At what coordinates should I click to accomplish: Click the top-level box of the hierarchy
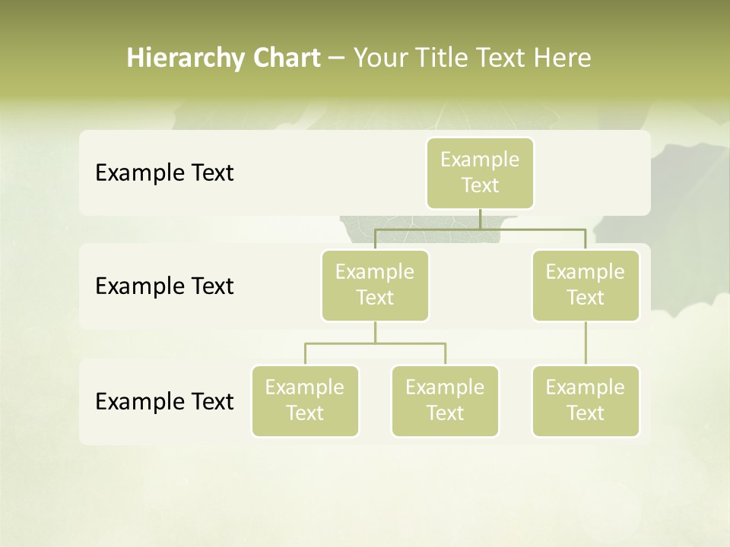pos(480,173)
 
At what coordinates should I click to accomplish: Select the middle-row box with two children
pos(375,286)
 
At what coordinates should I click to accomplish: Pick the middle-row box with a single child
pos(586,286)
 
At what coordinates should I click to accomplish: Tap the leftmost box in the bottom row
pos(305,401)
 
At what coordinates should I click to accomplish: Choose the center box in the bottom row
pos(445,401)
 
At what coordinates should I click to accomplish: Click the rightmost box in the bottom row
pos(586,401)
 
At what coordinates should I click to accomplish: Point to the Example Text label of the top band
pos(164,173)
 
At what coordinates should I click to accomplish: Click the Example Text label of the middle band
pos(164,286)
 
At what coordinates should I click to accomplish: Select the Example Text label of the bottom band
pos(164,401)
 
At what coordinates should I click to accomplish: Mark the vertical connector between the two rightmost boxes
pos(586,343)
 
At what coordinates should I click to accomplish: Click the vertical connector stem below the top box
pos(480,219)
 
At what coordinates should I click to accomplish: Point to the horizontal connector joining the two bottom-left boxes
pos(375,343)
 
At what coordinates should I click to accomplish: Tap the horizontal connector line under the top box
pos(532,229)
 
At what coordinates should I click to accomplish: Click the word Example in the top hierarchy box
pos(480,160)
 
